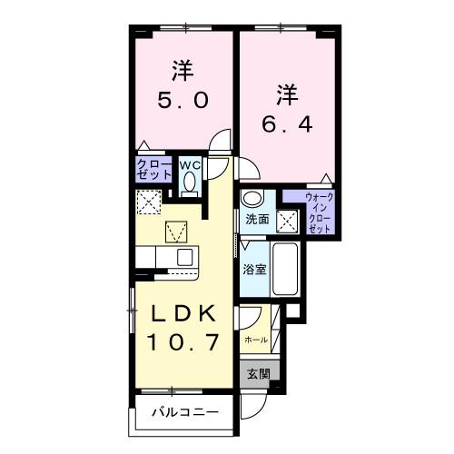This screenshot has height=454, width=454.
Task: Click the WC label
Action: point(189,165)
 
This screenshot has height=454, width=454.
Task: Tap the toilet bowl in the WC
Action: point(189,183)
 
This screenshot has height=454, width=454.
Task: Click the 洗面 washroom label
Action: point(257,219)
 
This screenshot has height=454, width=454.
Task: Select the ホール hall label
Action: point(256,340)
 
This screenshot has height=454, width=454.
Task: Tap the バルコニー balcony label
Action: point(184,413)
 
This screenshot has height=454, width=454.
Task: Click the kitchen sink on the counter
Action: point(183,257)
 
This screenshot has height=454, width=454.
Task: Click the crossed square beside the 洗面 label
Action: point(288,218)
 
